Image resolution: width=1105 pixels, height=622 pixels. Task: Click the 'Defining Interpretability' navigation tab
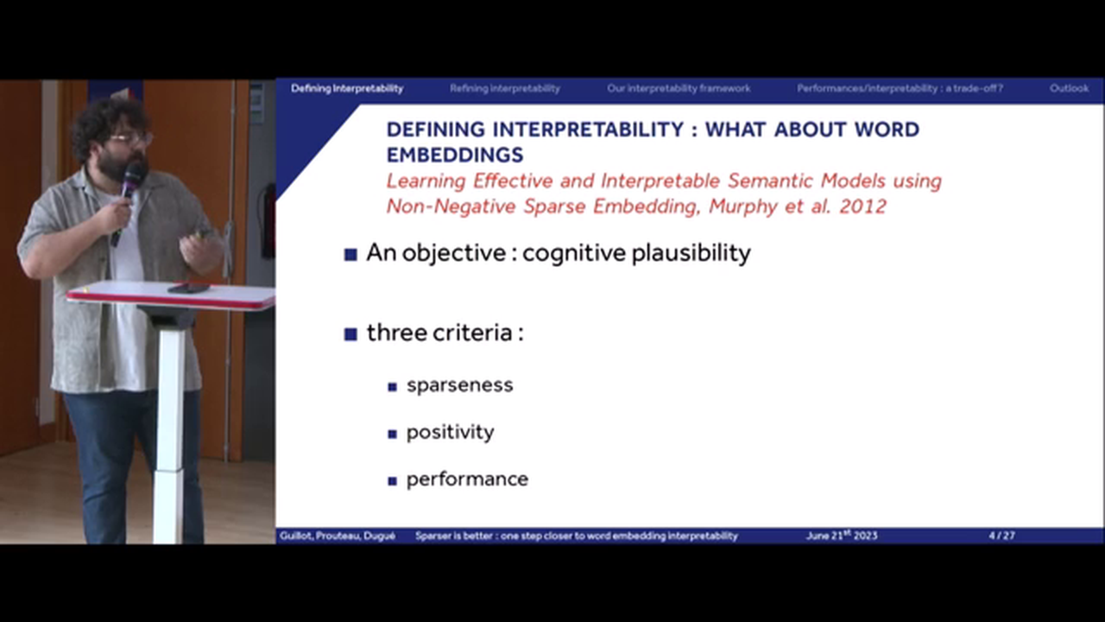pos(347,88)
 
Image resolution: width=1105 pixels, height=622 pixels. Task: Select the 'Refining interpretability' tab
pos(505,88)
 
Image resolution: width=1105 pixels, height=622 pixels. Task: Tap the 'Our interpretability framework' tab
pos(679,88)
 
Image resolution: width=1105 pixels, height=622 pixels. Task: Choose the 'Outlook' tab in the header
pos(1069,88)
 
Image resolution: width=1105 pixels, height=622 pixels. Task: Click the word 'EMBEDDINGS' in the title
pos(455,155)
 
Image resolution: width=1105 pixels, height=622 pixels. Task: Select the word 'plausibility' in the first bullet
pos(691,253)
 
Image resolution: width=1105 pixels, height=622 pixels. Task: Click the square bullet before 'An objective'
pos(350,255)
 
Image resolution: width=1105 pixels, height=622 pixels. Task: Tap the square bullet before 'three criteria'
pos(350,334)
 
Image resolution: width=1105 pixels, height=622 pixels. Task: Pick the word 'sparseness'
pos(460,385)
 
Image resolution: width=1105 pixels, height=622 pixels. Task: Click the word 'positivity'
pos(450,433)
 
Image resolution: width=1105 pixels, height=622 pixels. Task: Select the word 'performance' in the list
pos(467,479)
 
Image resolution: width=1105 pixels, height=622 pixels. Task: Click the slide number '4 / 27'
pos(1001,536)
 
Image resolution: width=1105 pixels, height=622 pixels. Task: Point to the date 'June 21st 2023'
pos(842,536)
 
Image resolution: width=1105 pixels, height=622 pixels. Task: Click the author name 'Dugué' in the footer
pos(379,536)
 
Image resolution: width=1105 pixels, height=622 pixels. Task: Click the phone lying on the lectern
pos(188,288)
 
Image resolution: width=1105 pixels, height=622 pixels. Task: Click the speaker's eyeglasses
pos(129,139)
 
